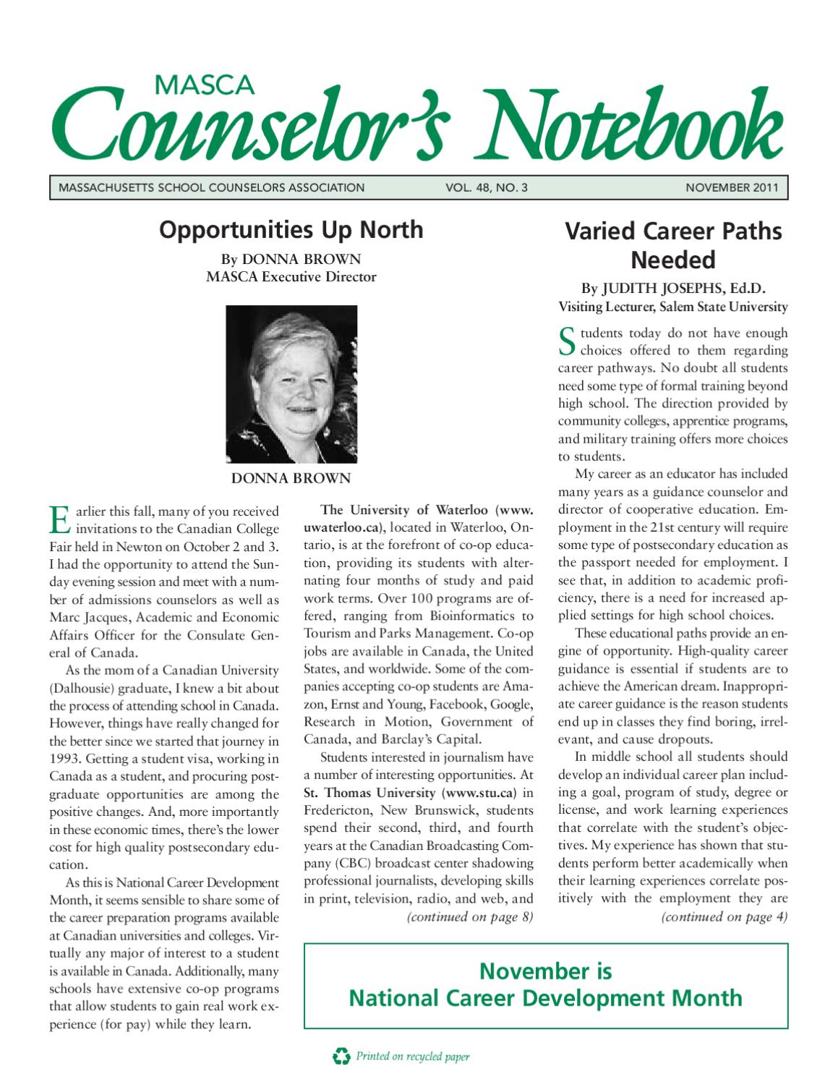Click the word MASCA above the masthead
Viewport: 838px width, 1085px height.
[x=205, y=85]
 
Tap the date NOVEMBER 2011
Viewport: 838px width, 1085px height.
[x=732, y=188]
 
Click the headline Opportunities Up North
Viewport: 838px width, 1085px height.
[x=291, y=230]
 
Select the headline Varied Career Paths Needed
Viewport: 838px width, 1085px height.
[x=672, y=245]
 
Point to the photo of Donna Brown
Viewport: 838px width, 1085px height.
[x=291, y=384]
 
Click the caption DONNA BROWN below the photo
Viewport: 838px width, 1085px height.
[x=291, y=478]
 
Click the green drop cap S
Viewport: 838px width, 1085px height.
[x=567, y=342]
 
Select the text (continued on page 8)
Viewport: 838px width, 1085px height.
[x=470, y=917]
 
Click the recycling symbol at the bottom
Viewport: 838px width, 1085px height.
[x=341, y=1057]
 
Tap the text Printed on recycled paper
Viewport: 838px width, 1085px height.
[x=412, y=1057]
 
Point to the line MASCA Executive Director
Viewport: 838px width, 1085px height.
[x=291, y=276]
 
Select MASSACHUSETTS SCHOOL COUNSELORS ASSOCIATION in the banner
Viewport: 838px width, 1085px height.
[x=211, y=188]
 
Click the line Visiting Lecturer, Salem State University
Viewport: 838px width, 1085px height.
[x=672, y=307]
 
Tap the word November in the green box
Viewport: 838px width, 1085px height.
[x=545, y=970]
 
